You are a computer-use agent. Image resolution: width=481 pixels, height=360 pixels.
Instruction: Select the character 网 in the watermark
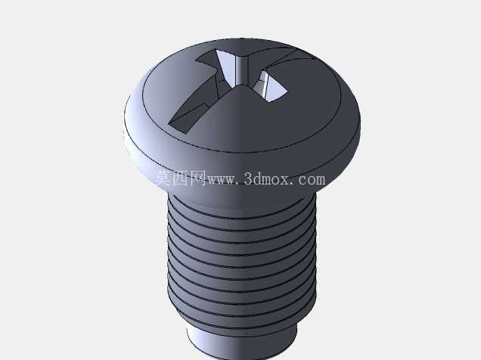coord(198,178)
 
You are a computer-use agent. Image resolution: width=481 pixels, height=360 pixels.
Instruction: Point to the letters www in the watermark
coord(221,180)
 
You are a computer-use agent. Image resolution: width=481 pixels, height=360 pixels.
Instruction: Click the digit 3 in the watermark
coord(249,179)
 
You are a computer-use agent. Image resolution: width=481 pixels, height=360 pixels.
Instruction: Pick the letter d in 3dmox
coord(258,179)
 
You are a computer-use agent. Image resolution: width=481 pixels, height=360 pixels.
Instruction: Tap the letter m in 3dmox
coord(269,181)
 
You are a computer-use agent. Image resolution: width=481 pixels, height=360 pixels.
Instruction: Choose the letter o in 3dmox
coord(281,181)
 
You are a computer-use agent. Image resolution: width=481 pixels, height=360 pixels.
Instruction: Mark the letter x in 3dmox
coord(289,181)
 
